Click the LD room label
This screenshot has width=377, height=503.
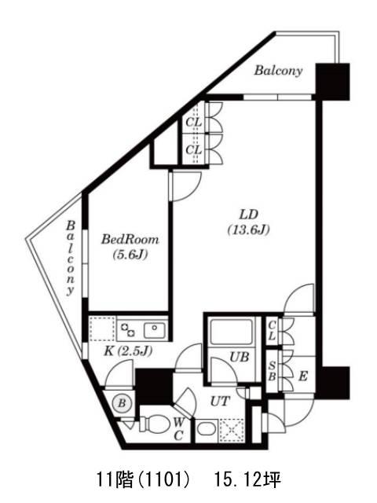click(x=249, y=214)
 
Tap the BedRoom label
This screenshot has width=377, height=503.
click(x=130, y=239)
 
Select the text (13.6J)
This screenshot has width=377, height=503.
click(x=248, y=229)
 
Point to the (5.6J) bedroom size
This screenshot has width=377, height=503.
click(x=130, y=255)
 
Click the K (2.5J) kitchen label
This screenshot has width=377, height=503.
click(x=128, y=351)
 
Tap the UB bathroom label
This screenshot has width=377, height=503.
click(x=240, y=357)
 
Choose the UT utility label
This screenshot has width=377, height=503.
click(x=220, y=401)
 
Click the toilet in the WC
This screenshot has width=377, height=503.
click(x=154, y=424)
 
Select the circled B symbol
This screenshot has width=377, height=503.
click(x=122, y=403)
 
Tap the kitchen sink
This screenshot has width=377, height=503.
click(x=155, y=330)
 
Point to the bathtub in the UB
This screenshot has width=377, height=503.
click(x=232, y=332)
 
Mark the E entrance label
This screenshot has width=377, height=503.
click(x=303, y=376)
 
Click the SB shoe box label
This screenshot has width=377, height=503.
click(x=272, y=371)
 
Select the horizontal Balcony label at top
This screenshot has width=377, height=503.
click(x=278, y=71)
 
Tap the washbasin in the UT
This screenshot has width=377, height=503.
click(x=206, y=429)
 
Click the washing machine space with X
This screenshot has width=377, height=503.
click(x=232, y=430)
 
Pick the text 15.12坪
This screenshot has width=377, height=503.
click(x=248, y=480)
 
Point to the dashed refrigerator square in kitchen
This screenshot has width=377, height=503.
click(x=102, y=329)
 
